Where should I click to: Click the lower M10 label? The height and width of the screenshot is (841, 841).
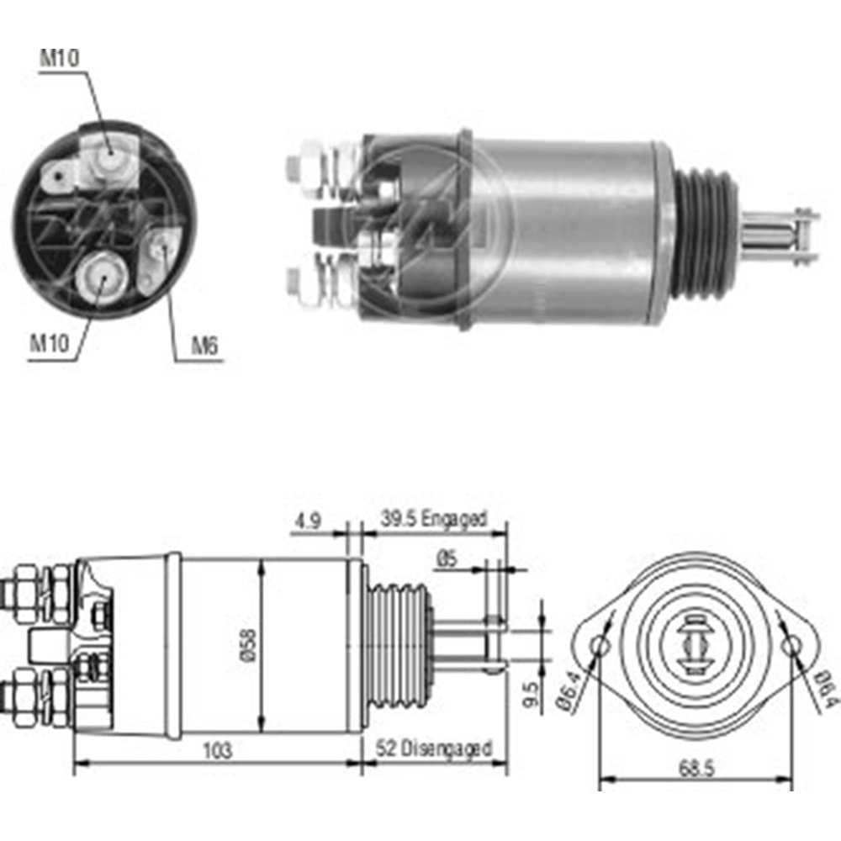pyautogui.click(x=49, y=343)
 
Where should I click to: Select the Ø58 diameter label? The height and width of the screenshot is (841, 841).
pyautogui.click(x=250, y=645)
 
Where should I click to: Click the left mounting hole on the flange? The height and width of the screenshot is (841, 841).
pyautogui.click(x=600, y=646)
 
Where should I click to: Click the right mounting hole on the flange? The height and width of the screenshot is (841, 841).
pyautogui.click(x=792, y=646)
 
